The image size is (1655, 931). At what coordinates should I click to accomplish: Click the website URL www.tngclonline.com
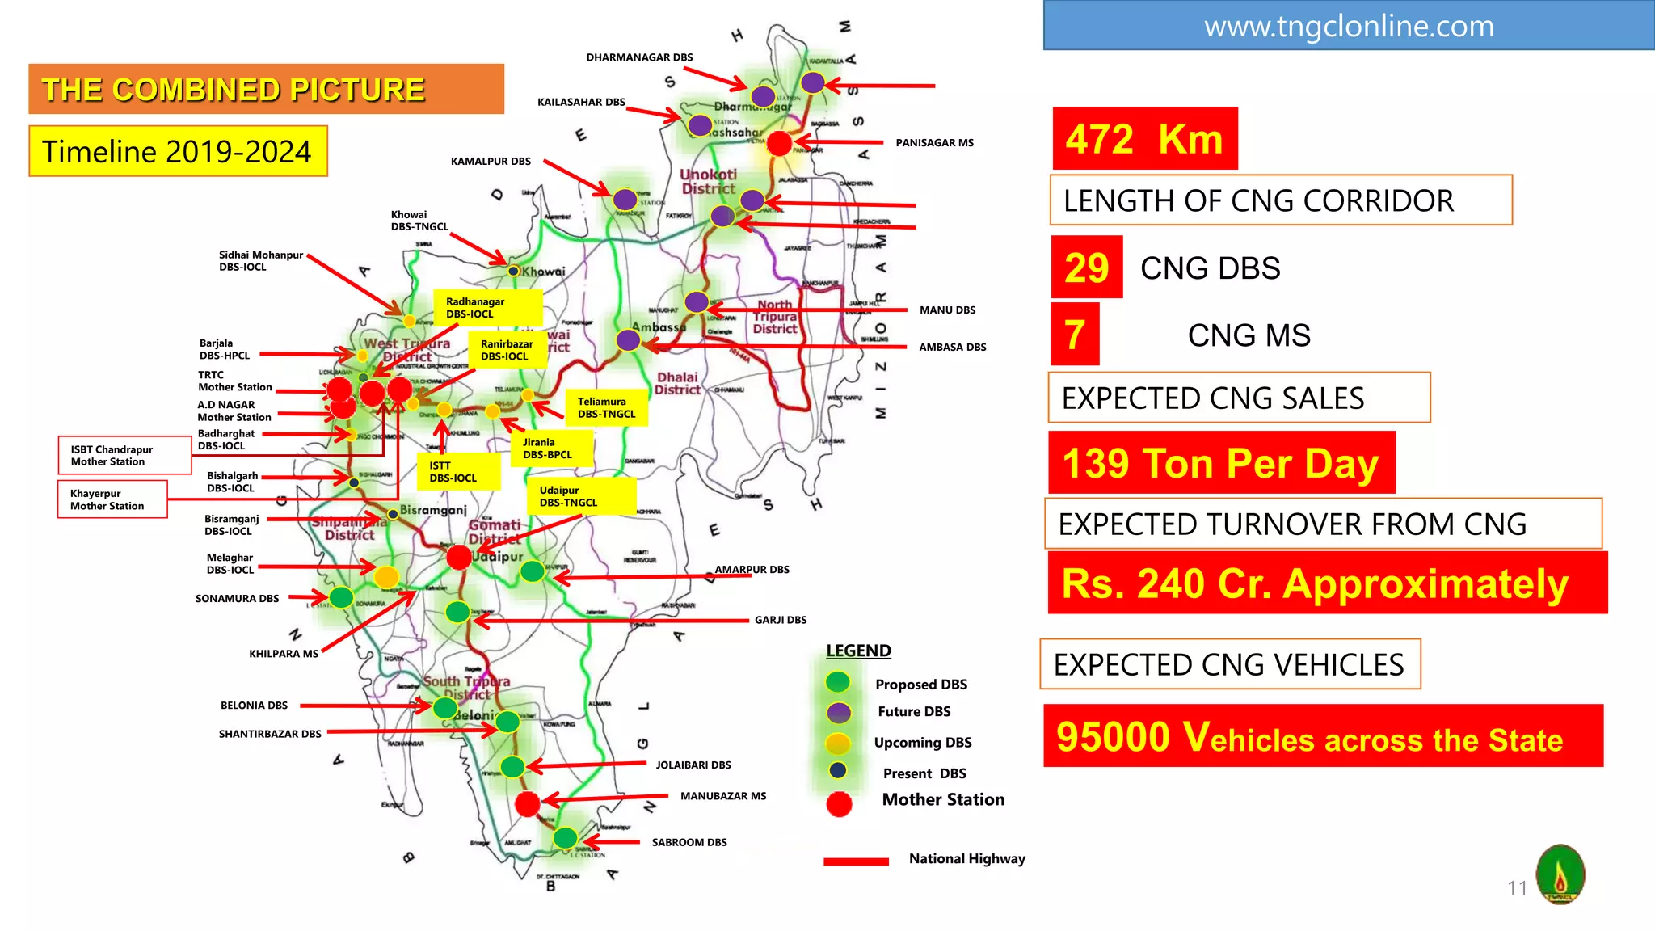(x=1348, y=27)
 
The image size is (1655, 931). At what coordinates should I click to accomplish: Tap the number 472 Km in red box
(x=1144, y=139)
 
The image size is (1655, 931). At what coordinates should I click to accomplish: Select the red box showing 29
(x=1086, y=268)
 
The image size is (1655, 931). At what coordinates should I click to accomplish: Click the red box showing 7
(x=1074, y=335)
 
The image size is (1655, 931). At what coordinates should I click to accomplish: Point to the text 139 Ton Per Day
(x=1220, y=463)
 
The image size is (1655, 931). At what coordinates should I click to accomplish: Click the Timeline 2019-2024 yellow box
(x=178, y=151)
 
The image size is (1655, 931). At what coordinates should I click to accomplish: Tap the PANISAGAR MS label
(x=934, y=143)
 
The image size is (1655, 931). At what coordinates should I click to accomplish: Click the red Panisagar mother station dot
(x=779, y=143)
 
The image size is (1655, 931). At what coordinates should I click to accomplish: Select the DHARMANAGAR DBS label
(x=639, y=57)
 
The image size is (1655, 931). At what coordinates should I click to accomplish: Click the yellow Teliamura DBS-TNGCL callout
(x=606, y=407)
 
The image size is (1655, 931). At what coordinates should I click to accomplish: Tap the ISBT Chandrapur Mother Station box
(x=124, y=455)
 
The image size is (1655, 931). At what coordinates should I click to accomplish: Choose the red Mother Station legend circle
(x=839, y=803)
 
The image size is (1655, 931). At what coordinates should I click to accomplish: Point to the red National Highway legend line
(x=856, y=861)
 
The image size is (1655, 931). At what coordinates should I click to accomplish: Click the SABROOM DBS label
(x=689, y=842)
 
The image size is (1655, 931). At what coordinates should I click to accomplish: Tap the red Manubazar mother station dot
(x=527, y=804)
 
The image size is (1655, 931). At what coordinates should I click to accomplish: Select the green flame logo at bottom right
(x=1560, y=874)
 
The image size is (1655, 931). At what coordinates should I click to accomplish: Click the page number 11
(x=1517, y=888)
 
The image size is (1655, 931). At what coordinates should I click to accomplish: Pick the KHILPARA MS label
(x=284, y=654)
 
